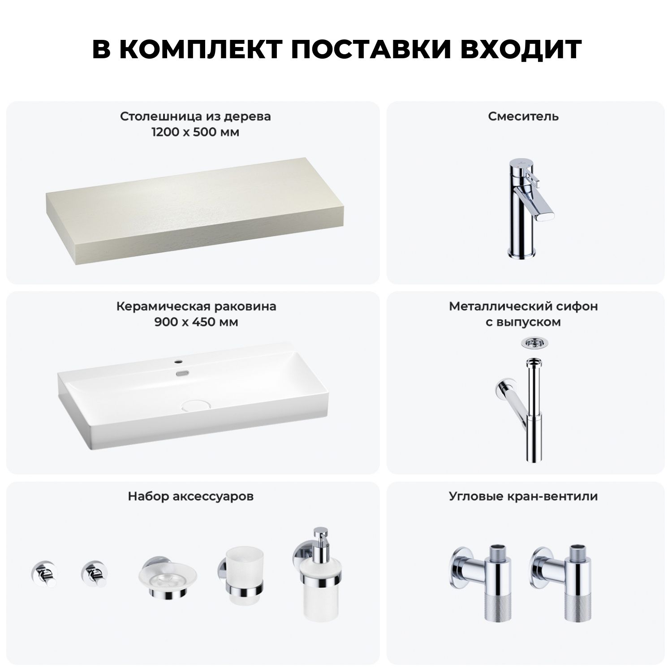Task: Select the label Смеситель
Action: [x=523, y=116]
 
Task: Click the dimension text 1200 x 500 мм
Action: [x=195, y=133]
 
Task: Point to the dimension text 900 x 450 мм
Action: [x=196, y=322]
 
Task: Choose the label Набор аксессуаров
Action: [x=191, y=496]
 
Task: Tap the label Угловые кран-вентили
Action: [x=523, y=496]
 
